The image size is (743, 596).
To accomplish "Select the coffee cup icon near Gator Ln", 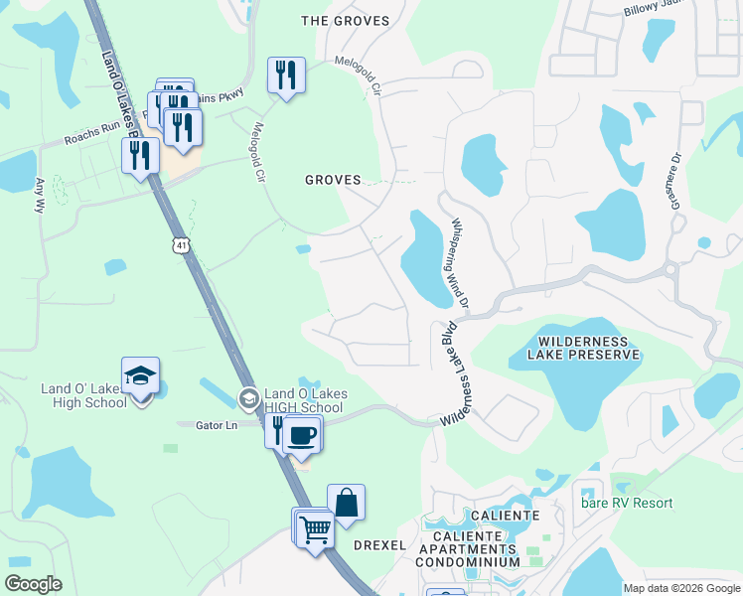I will coord(303,434).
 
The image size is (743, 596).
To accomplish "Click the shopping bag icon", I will coord(347,503).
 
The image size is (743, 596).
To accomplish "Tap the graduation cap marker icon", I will coord(141,376).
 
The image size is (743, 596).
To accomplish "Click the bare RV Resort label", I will coord(627,503).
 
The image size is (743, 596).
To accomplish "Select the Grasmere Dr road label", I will coord(675,180).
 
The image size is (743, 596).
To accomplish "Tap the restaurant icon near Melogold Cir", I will coord(286,74).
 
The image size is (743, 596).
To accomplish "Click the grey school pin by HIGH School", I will coord(248,399).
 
